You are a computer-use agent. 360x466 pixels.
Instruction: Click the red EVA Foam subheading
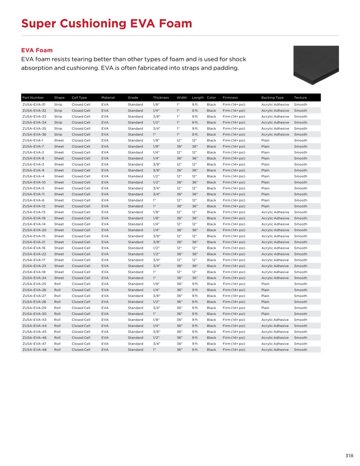37,50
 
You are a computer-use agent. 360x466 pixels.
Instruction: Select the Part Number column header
34,98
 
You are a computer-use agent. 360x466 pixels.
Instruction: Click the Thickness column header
161,98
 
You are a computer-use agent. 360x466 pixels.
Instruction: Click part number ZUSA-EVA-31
34,104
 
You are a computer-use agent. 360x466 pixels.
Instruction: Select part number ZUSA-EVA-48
34,350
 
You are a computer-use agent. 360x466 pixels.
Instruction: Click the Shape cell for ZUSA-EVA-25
57,284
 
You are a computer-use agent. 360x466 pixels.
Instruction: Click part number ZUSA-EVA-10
34,182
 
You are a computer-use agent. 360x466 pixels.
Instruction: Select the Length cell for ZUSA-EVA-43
195,319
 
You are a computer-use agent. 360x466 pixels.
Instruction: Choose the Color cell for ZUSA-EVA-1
211,140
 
